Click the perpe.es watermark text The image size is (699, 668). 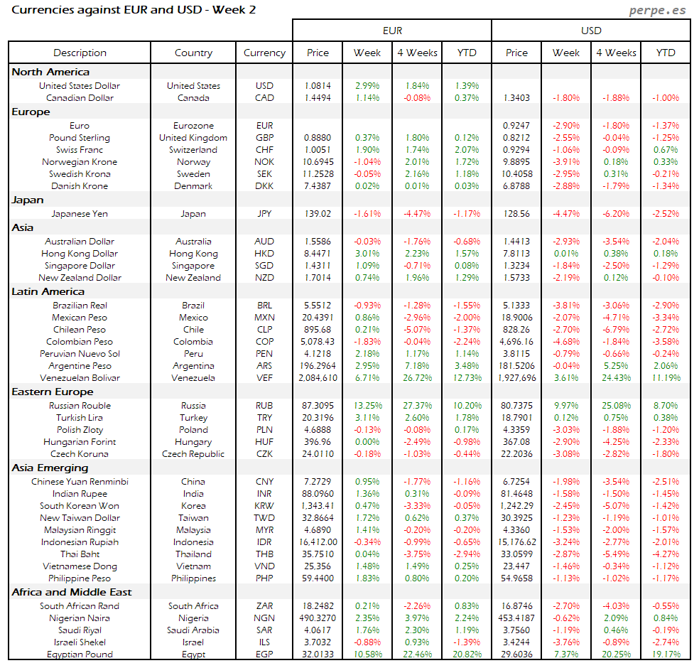(x=659, y=11)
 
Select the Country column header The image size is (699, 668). (x=193, y=53)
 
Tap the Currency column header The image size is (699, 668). (x=264, y=53)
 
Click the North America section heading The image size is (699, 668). (x=50, y=72)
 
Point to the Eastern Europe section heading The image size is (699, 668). (x=53, y=392)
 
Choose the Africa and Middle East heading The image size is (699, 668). (x=71, y=592)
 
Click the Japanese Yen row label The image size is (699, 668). (x=80, y=213)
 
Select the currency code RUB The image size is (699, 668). (x=264, y=406)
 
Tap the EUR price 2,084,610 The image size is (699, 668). (x=318, y=378)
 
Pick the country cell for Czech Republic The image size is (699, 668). (x=193, y=454)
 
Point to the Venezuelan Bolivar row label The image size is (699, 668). (x=80, y=378)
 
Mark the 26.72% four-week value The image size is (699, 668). (x=417, y=378)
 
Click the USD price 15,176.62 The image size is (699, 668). (x=516, y=542)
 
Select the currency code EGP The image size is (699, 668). (x=264, y=654)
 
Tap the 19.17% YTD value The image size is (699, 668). (x=666, y=654)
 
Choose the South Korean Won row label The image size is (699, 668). (x=80, y=506)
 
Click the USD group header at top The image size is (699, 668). (x=591, y=31)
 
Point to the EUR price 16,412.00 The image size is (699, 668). (x=318, y=542)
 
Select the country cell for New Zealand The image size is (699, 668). (x=193, y=278)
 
